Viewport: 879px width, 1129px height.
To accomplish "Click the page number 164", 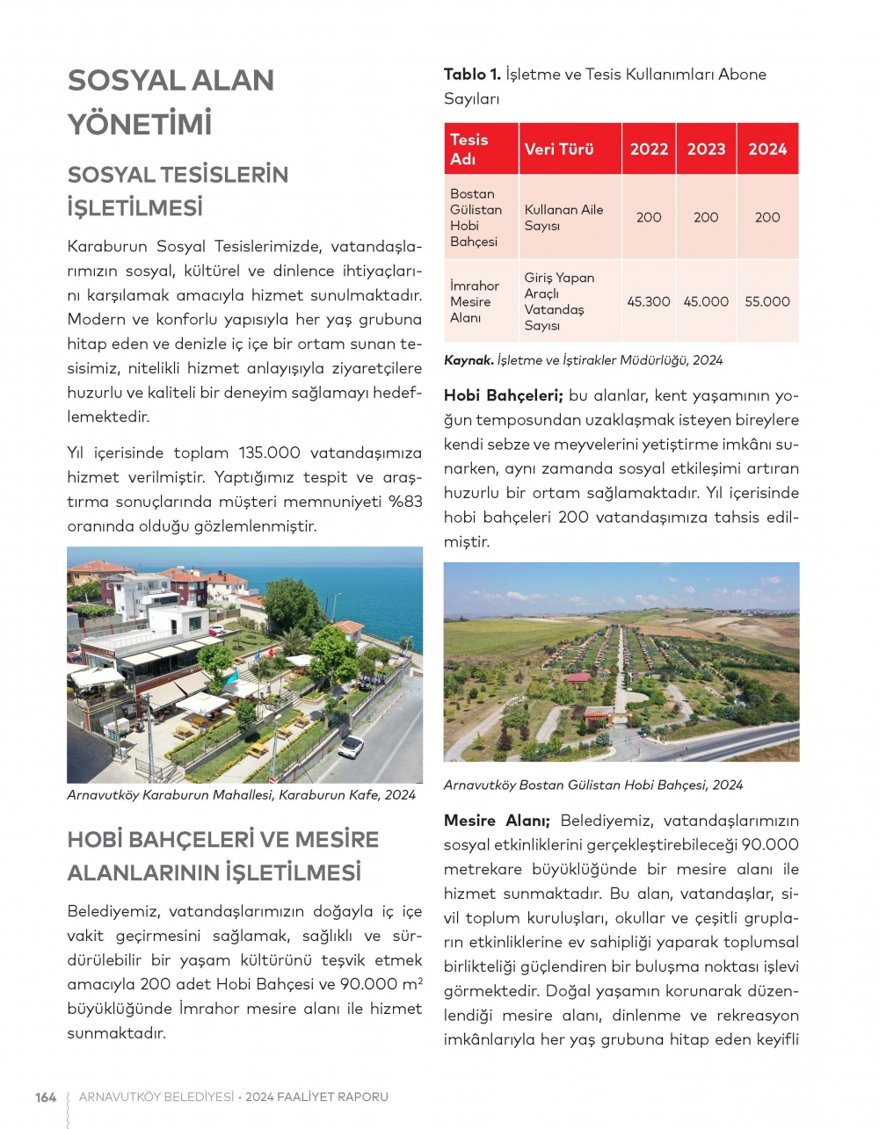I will [46, 1096].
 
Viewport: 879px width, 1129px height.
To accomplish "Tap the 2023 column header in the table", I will [706, 148].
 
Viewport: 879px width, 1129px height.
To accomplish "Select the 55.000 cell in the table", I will [767, 301].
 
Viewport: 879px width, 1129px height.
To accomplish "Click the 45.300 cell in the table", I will [649, 301].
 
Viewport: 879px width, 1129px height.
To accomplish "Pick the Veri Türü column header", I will [559, 148].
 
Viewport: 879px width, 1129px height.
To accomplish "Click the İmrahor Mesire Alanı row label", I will [474, 301].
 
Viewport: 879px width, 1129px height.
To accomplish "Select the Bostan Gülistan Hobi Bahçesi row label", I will [476, 217].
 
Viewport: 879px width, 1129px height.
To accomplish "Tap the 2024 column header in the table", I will [767, 148].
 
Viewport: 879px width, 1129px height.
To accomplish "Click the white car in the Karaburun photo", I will [351, 746].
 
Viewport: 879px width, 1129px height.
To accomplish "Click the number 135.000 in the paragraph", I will [270, 453].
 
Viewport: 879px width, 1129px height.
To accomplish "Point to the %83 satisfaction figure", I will [404, 502].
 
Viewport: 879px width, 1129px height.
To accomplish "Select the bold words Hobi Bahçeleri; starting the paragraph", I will [503, 395].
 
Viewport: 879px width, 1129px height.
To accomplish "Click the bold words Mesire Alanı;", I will [497, 821].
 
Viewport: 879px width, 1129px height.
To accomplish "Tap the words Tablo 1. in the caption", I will [472, 75].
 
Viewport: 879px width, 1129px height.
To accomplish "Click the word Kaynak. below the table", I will [468, 360].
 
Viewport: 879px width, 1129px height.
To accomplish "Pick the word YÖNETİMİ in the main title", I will [140, 124].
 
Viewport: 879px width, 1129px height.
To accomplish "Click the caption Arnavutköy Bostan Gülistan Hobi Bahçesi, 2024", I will [593, 785].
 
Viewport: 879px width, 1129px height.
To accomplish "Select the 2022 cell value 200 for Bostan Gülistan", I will [649, 217].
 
